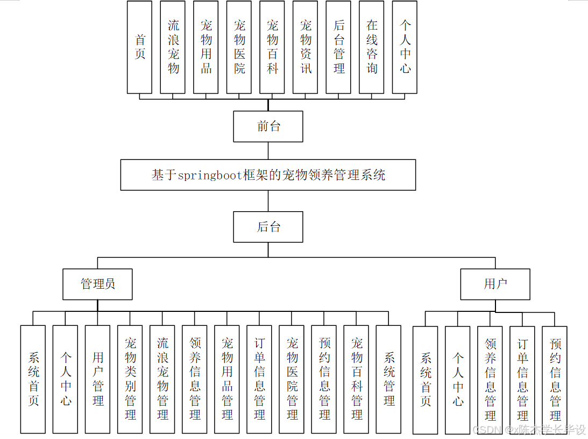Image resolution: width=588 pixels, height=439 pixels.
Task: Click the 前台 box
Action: tap(268, 127)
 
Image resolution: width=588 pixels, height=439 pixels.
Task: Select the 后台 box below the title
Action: tap(268, 227)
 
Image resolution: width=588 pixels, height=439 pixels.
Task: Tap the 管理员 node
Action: tap(97, 284)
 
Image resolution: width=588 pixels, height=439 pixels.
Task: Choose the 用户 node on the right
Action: tap(495, 284)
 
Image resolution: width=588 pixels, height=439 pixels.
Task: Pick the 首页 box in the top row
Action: tap(140, 47)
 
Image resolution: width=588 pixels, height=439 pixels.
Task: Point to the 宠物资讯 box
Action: tap(306, 47)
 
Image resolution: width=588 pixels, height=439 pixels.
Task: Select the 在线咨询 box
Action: tap(372, 47)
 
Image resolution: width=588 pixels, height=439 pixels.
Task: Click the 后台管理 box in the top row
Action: tap(339, 47)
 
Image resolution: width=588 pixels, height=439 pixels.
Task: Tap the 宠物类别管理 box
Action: tap(130, 379)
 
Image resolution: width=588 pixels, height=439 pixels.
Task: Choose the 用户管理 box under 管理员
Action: tap(98, 379)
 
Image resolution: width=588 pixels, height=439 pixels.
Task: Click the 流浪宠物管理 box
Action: tap(162, 379)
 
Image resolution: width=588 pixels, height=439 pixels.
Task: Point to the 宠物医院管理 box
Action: tap(292, 379)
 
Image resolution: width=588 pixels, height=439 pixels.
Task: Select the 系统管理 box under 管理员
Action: tap(389, 379)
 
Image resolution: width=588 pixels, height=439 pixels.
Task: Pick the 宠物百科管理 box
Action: tap(357, 379)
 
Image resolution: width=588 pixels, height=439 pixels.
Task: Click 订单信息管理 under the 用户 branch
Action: tap(522, 380)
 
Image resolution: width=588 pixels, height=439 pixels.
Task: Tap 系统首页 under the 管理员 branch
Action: tap(33, 379)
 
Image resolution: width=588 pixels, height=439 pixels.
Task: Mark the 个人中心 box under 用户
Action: tap(458, 380)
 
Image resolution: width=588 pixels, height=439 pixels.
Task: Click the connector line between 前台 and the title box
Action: tap(268, 151)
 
